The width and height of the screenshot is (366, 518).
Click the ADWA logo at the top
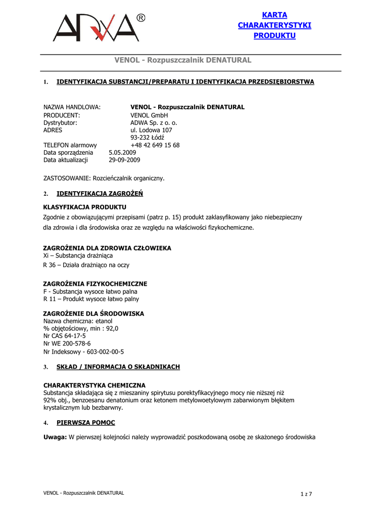[96, 28]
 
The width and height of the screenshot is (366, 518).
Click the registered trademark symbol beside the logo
[141, 18]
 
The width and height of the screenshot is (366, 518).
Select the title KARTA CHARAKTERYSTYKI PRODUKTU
[274, 25]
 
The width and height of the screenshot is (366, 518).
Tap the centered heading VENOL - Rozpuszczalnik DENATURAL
[183, 60]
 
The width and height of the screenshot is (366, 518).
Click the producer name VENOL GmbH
[149, 115]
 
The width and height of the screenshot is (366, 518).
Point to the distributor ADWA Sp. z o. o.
[154, 122]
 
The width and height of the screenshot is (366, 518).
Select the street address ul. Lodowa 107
[151, 130]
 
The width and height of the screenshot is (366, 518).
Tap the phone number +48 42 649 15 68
[155, 145]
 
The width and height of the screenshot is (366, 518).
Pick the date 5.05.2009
[122, 152]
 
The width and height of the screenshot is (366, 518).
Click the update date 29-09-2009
[124, 160]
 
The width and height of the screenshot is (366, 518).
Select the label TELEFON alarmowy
[70, 145]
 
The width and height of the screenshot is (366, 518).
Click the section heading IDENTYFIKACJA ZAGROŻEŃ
[100, 193]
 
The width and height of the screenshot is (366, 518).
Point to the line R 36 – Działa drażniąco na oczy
[86, 265]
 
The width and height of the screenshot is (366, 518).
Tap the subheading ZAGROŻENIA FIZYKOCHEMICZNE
[95, 284]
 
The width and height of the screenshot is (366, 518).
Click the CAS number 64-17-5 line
[65, 335]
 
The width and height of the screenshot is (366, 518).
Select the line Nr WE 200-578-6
[67, 343]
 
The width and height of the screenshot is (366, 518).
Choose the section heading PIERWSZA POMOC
[85, 422]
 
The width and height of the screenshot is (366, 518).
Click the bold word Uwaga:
[55, 437]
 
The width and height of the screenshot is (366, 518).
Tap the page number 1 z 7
[306, 494]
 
